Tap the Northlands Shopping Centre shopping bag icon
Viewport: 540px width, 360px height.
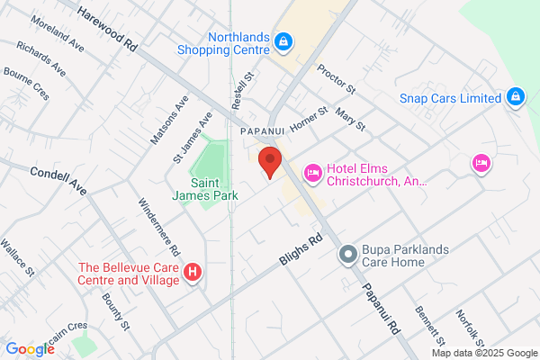tap(283, 41)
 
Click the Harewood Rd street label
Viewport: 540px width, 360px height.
tap(110, 27)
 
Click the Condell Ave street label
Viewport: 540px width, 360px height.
tap(58, 180)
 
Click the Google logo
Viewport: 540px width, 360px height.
tap(30, 349)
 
